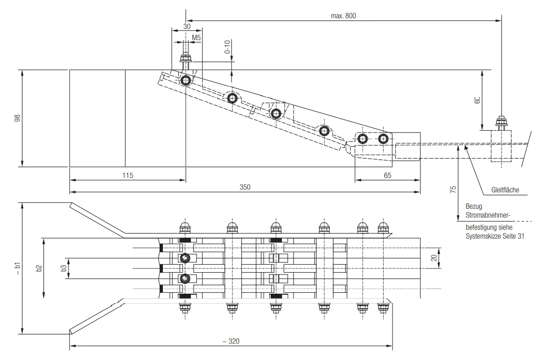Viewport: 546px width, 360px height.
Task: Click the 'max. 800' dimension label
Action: [343, 16]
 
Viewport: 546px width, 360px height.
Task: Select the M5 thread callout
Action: [196, 38]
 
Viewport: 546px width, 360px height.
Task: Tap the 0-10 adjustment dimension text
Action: [227, 47]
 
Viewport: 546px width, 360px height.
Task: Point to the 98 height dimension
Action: [17, 118]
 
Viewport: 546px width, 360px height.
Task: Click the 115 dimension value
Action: [128, 175]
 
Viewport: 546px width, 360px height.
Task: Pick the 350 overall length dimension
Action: [245, 187]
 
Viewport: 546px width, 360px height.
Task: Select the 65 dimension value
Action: [387, 175]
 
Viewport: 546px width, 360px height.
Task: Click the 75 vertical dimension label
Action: [453, 190]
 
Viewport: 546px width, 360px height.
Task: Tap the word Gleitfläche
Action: [505, 190]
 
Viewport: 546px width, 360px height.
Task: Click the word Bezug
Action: [474, 206]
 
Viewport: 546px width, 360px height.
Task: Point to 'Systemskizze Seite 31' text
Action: [495, 236]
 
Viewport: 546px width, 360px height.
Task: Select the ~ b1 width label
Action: [17, 268]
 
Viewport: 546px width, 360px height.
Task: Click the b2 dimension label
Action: [39, 268]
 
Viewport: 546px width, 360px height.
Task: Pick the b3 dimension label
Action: [63, 268]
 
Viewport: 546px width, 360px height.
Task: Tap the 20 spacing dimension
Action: [434, 258]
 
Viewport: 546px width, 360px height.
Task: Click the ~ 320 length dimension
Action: [231, 341]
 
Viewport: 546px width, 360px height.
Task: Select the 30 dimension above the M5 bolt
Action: [187, 27]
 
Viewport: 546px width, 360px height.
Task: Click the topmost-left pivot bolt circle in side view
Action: [186, 81]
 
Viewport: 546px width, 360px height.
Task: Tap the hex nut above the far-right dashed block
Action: [501, 122]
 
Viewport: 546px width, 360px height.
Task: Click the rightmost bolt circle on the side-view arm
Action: [383, 139]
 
